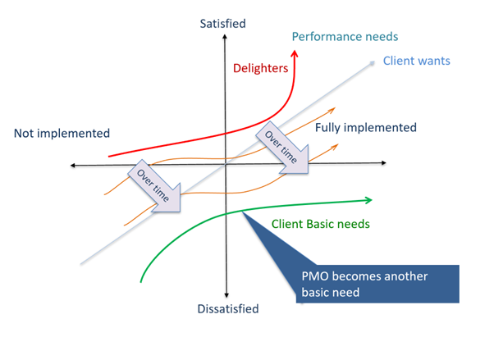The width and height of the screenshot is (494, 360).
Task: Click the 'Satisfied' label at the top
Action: (x=222, y=24)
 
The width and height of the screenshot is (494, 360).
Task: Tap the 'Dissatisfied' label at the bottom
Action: (x=227, y=309)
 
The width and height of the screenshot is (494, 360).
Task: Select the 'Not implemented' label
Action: (x=62, y=133)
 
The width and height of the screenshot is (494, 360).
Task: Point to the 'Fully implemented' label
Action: (x=366, y=128)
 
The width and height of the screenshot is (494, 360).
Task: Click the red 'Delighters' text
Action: (x=261, y=68)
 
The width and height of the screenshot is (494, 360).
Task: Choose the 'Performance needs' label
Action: (x=345, y=37)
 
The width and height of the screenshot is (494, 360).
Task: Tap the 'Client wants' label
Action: (x=416, y=61)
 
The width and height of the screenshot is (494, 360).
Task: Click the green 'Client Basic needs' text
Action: (x=320, y=223)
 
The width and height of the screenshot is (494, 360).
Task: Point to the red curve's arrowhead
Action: (x=296, y=53)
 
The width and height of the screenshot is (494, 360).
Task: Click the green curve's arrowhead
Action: (x=368, y=199)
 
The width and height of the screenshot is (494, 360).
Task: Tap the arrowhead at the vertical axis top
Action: (x=224, y=38)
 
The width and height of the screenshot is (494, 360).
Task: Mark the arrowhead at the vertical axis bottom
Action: (x=224, y=297)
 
